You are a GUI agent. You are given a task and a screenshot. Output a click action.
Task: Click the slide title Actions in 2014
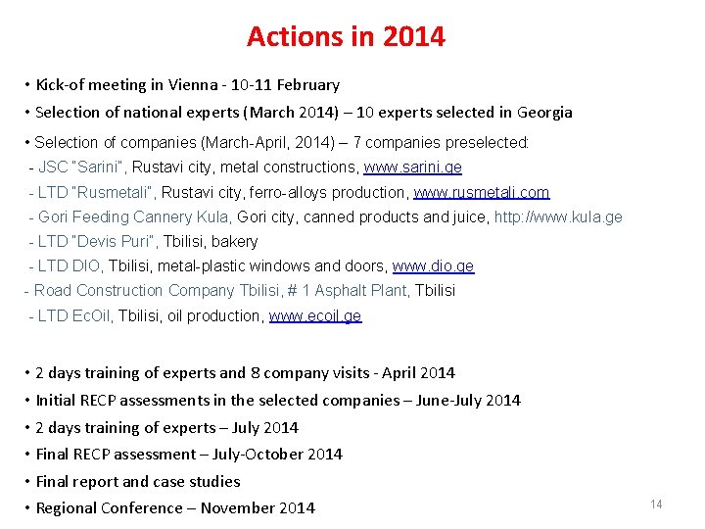[x=346, y=37]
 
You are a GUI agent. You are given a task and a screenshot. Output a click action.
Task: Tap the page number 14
[x=656, y=504]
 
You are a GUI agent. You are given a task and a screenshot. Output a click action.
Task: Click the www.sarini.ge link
[x=412, y=168]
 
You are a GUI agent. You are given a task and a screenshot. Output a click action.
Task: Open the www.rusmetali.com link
[x=481, y=192]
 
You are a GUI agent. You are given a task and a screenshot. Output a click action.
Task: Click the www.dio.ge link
[x=433, y=265]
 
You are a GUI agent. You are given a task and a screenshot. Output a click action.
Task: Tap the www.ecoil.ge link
[x=314, y=315]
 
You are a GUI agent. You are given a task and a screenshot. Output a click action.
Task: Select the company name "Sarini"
[x=99, y=168]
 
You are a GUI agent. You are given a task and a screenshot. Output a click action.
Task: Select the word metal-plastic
[x=196, y=265]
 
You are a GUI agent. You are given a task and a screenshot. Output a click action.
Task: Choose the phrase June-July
[x=448, y=400]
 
